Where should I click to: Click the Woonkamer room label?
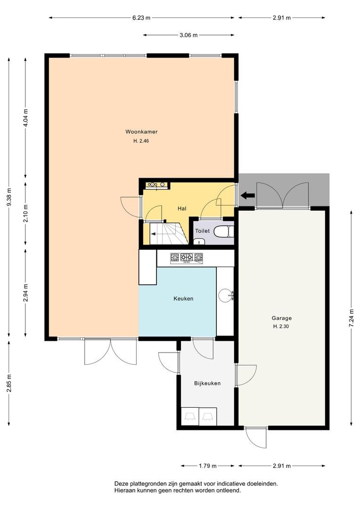[x=141, y=132]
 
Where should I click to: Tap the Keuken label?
[x=183, y=299]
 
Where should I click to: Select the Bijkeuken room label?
[x=207, y=383]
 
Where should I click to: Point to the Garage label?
[x=282, y=319]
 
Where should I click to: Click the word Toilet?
[x=202, y=231]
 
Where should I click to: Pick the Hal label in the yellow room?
[x=182, y=209]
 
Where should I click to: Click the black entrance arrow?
[x=248, y=195]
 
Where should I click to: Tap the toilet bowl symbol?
[x=224, y=231]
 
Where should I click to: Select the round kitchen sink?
[x=225, y=295]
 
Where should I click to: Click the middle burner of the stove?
[x=187, y=258]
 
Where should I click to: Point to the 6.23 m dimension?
[x=141, y=18]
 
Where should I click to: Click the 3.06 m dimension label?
[x=188, y=35]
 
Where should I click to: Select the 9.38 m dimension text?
[x=9, y=197]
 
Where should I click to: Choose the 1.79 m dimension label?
[x=207, y=466]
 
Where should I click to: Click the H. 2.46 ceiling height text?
[x=141, y=141]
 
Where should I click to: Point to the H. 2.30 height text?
[x=281, y=327]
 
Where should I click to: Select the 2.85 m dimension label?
[x=9, y=383]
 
